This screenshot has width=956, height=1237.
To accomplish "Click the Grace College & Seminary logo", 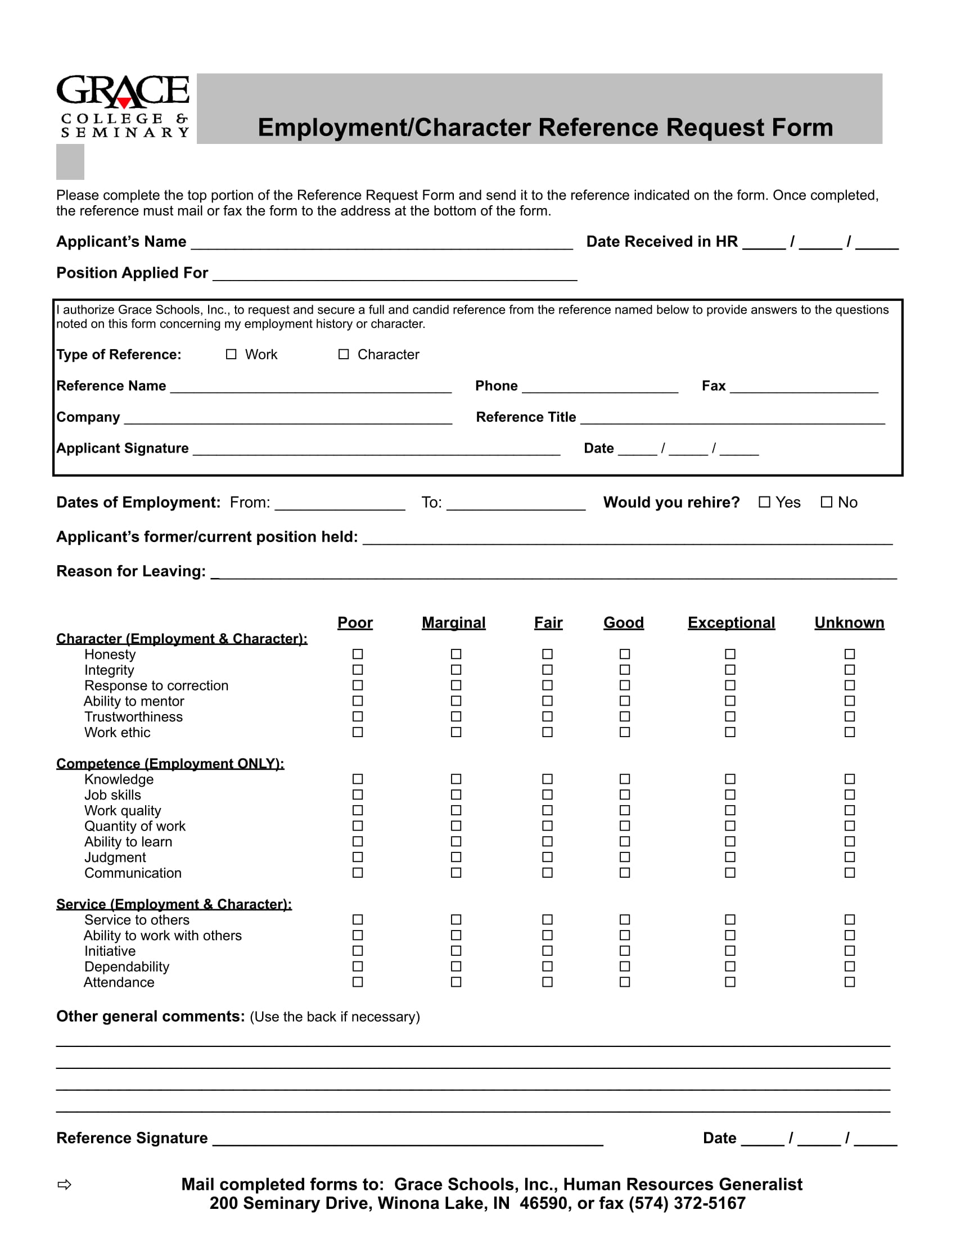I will (123, 106).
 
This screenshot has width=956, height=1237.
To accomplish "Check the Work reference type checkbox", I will (231, 354).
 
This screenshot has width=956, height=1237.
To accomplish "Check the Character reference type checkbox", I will (343, 354).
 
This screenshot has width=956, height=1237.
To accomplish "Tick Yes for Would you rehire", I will (764, 502).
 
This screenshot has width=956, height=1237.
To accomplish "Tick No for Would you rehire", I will (826, 502).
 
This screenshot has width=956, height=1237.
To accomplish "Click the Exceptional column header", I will (730, 622).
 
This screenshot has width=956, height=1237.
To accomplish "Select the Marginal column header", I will (453, 622).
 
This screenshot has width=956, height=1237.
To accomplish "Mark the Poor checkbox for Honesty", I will (357, 654).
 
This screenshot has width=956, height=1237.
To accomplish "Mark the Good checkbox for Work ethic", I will (624, 732).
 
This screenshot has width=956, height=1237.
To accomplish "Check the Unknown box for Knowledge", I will (849, 779).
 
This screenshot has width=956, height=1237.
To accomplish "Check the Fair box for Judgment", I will (547, 857).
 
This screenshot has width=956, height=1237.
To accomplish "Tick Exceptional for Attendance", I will (730, 982).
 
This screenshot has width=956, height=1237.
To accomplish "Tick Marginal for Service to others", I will (456, 919).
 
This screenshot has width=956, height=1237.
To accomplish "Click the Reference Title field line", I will (732, 419).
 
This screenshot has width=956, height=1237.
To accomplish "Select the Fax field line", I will (803, 389).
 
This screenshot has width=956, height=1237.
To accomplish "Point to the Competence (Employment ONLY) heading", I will (170, 764).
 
